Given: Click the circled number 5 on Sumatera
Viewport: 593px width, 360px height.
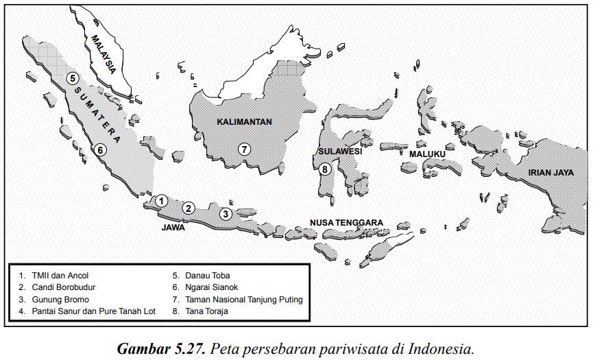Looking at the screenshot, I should [x=72, y=78].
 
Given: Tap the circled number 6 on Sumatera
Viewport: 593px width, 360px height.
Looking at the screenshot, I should [x=100, y=149].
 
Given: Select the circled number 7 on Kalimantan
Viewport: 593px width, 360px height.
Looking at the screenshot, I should [x=244, y=148].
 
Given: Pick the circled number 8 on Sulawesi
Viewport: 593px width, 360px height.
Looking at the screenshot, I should [x=325, y=169].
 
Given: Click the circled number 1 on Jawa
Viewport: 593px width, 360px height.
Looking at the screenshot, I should [x=161, y=201].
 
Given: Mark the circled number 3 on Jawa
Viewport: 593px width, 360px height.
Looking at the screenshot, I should [x=226, y=214].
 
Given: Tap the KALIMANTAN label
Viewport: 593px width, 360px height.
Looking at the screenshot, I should [x=245, y=122].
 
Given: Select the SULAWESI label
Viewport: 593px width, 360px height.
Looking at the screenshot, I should [x=340, y=152].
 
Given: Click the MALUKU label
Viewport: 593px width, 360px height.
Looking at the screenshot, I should [x=427, y=154].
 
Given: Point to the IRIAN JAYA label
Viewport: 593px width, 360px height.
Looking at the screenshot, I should [x=550, y=173].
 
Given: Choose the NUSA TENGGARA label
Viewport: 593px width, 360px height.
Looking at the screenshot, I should [x=346, y=223].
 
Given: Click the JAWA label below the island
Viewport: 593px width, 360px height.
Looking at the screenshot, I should [x=173, y=227].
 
